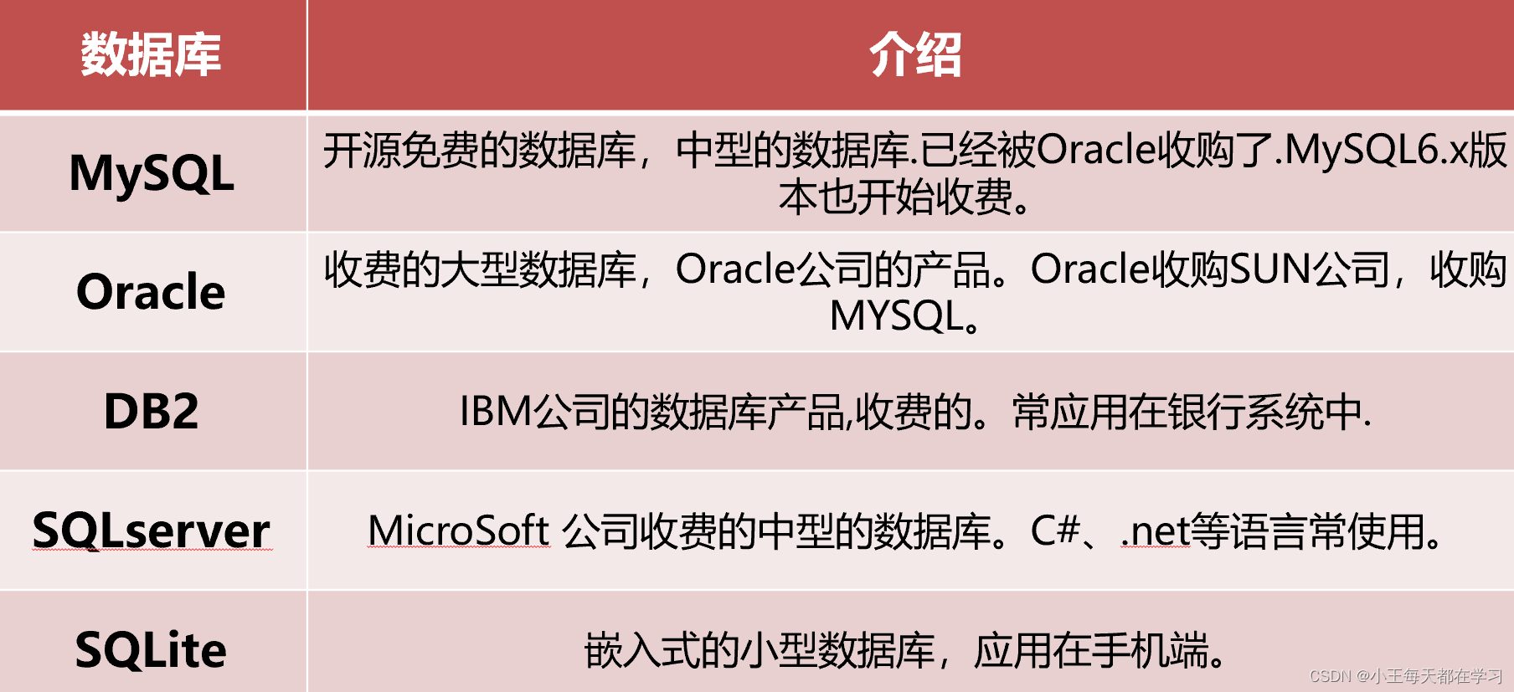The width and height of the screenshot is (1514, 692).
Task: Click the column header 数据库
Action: click(x=152, y=55)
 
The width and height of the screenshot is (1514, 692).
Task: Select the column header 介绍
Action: click(x=915, y=55)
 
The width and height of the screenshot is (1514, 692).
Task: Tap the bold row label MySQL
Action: click(x=152, y=174)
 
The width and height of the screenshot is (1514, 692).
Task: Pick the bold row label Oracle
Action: click(x=152, y=291)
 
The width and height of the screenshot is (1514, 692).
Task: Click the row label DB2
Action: click(x=152, y=411)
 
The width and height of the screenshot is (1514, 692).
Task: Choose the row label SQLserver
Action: click(x=152, y=531)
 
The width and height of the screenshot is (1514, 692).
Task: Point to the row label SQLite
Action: click(x=152, y=650)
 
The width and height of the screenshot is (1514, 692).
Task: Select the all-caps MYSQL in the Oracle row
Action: click(x=897, y=316)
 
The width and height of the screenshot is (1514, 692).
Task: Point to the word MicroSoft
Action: click(x=459, y=531)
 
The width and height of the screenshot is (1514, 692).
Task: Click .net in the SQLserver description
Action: click(x=1156, y=531)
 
